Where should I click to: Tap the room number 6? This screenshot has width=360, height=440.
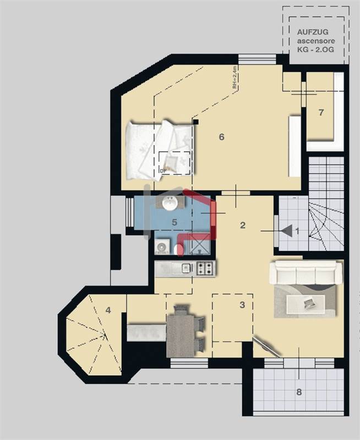pos(221,137)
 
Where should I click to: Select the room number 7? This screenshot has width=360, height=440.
pos(321,113)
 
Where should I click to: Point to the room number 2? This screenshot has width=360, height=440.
pos(242,225)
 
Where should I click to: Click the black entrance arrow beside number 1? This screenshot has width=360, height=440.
pos(286,231)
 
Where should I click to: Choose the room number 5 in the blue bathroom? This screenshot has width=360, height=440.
pos(174,222)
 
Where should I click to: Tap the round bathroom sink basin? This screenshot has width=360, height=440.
pos(170,204)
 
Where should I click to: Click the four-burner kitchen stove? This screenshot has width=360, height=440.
pos(205,268)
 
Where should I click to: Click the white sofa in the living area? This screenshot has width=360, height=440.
pos(306,272)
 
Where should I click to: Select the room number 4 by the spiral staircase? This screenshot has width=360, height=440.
pos(108,310)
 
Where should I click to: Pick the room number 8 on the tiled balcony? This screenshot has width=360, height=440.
pos(299,392)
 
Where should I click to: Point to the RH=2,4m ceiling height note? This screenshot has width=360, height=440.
pos(234,78)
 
